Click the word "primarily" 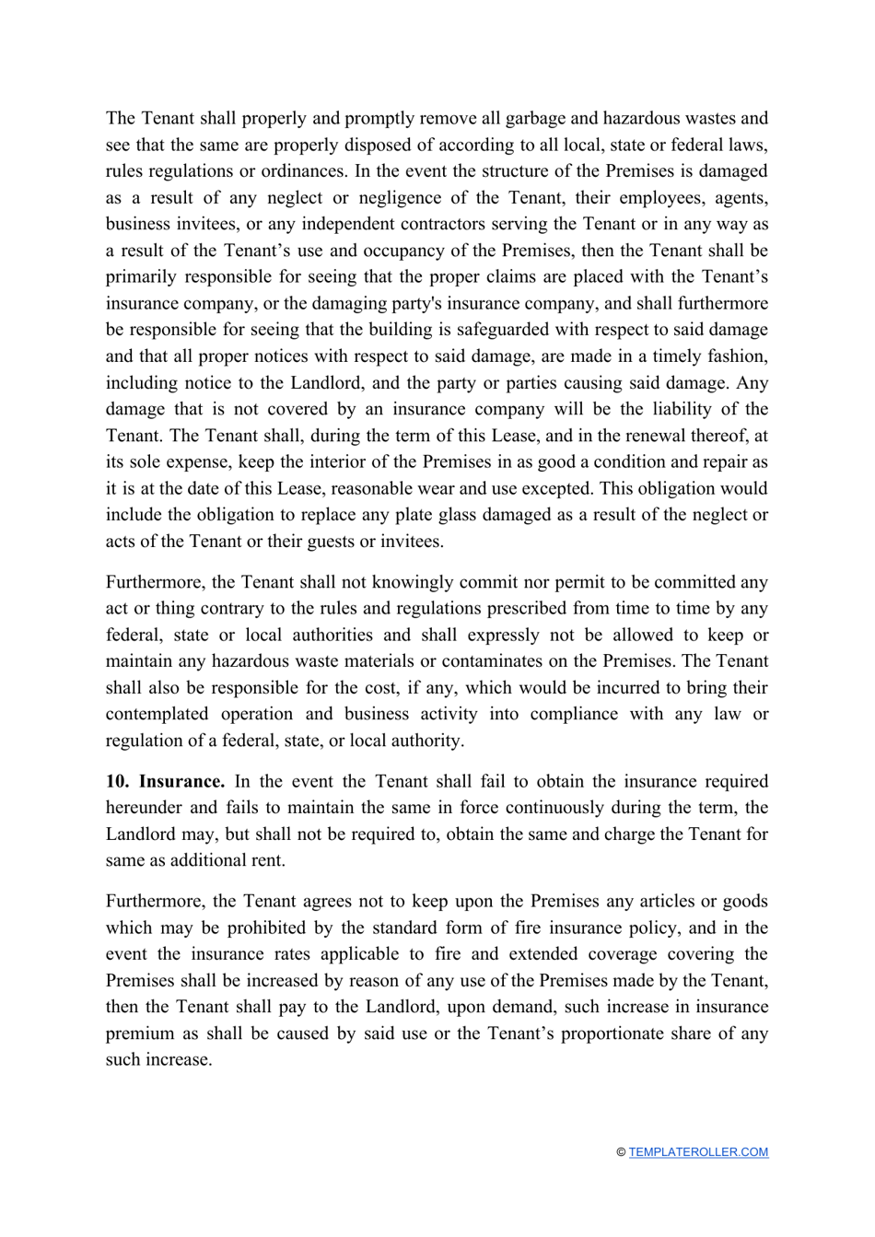pos(140,277)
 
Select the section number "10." pos(117,781)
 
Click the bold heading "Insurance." pos(181,781)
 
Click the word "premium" pos(138,1033)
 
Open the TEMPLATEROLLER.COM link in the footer pos(698,1152)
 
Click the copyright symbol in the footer pos(621,1152)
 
